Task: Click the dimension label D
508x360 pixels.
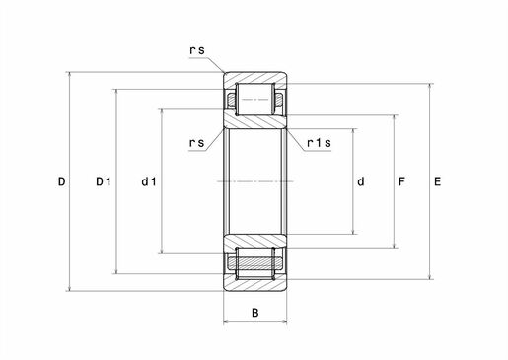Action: (x=61, y=181)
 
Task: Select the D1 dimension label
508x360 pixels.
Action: (x=104, y=181)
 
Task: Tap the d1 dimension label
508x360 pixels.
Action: (x=149, y=181)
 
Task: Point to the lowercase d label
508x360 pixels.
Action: (x=361, y=181)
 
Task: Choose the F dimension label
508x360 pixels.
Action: (x=401, y=181)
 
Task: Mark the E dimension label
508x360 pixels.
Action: (x=437, y=181)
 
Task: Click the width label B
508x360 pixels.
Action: (x=255, y=313)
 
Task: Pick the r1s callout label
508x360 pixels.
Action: (x=319, y=143)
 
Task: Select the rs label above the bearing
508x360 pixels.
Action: (x=197, y=50)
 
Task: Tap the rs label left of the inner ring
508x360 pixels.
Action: (x=197, y=143)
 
